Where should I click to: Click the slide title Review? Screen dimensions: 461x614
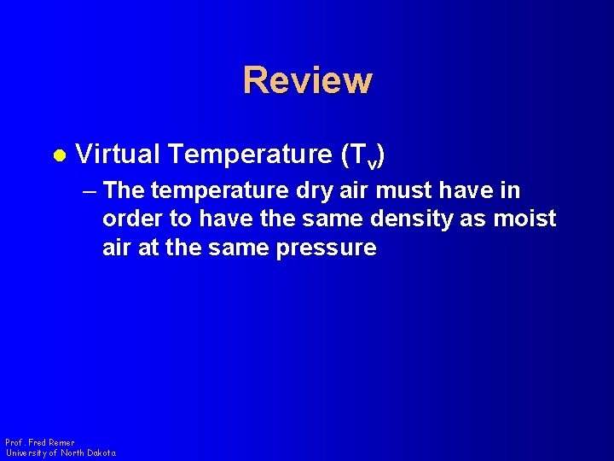pos(307,80)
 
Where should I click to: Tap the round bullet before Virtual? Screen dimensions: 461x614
pos(59,156)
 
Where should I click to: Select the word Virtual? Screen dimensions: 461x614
pos(118,155)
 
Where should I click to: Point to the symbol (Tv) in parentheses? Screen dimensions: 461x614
pos(366,155)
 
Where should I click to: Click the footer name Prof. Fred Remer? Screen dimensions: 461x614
pos(39,442)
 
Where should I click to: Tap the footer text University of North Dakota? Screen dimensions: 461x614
pos(60,452)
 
